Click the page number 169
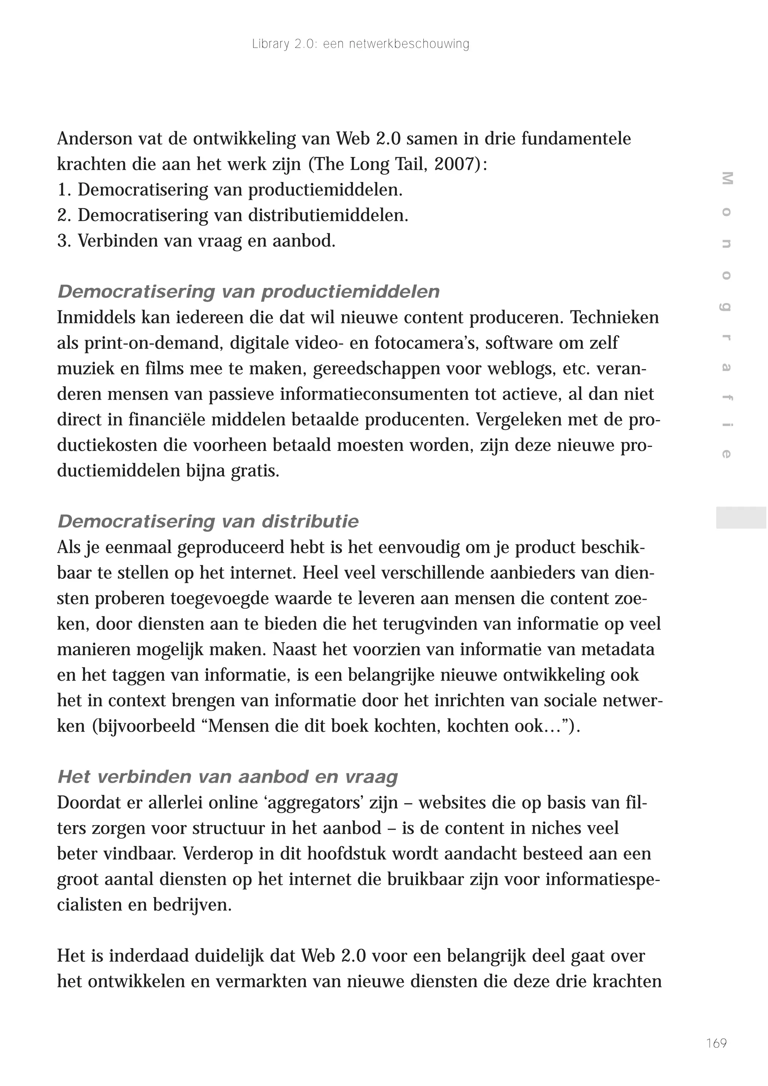[x=716, y=1043]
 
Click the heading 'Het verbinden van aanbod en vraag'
[x=227, y=777]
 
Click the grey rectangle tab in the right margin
[x=741, y=517]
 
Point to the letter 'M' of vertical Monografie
[x=727, y=179]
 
